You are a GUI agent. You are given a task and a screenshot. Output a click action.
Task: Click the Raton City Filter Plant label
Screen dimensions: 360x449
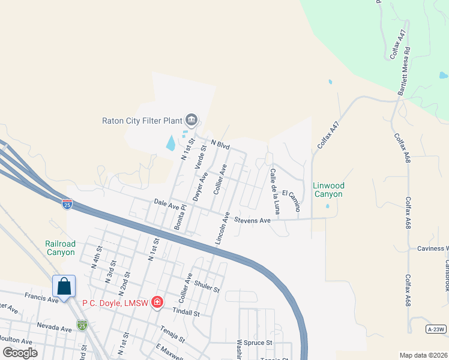point(142,119)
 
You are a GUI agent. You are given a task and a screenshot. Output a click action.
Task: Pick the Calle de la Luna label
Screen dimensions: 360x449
point(275,191)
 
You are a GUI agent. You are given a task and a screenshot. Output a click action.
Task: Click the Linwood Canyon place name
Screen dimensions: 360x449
point(328,190)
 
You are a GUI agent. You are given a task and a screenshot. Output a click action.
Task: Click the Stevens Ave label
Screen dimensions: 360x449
point(252,220)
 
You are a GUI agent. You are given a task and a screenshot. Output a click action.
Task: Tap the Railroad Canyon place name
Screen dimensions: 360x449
point(60,248)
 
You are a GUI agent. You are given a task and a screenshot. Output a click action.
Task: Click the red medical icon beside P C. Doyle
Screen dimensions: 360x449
point(157,302)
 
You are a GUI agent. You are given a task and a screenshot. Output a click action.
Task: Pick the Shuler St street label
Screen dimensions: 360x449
point(208,287)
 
